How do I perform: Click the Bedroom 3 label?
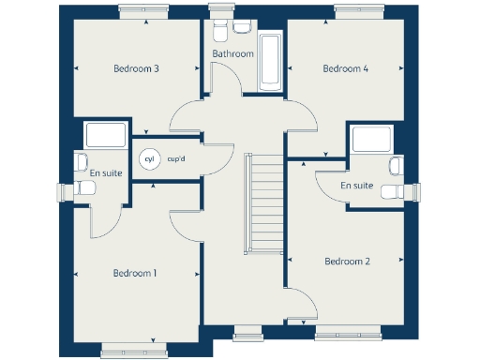pyautogui.click(x=136, y=68)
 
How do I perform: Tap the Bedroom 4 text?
pyautogui.click(x=345, y=68)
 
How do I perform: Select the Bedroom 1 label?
pyautogui.click(x=135, y=273)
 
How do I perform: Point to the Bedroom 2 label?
pyautogui.click(x=347, y=262)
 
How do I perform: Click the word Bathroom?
pyautogui.click(x=232, y=54)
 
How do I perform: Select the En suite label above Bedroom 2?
pyautogui.click(x=356, y=186)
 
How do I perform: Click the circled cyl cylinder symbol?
pyautogui.click(x=148, y=159)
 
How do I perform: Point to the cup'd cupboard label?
pyautogui.click(x=176, y=159)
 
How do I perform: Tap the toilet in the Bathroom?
pyautogui.click(x=218, y=32)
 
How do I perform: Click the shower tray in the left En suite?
pyautogui.click(x=105, y=137)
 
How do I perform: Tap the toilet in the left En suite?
pyautogui.click(x=85, y=188)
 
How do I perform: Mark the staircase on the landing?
pyautogui.click(x=262, y=202)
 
